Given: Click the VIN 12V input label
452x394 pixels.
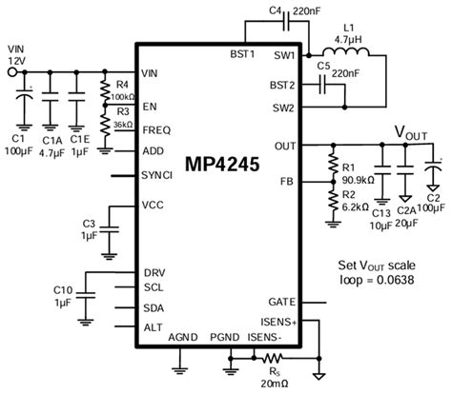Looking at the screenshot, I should pos(17,51).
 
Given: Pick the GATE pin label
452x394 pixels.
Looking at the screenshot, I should pos(279,302).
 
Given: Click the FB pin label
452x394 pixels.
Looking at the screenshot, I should pos(287,180).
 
